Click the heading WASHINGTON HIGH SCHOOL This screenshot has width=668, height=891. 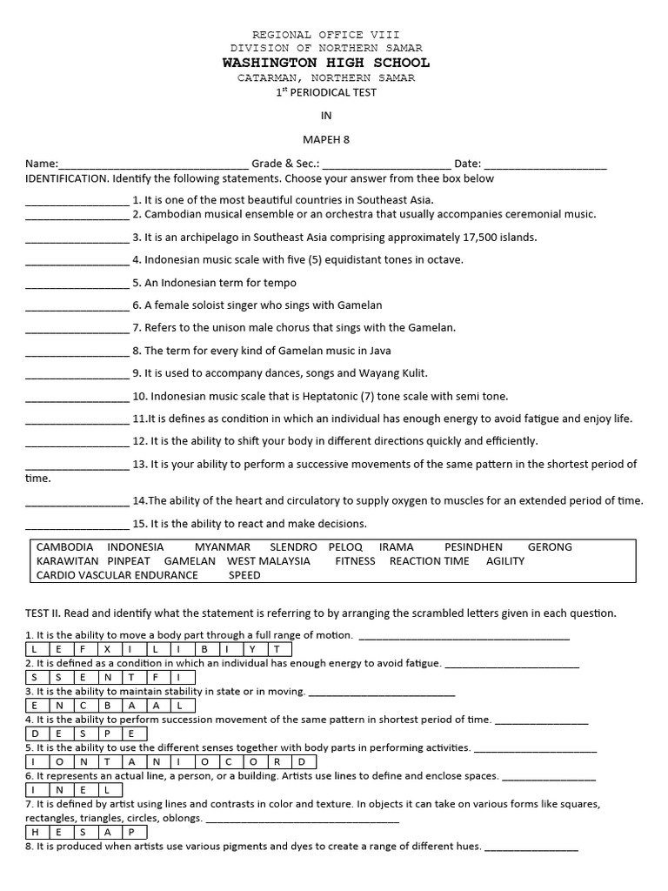[325, 63]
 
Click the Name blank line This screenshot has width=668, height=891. [153, 165]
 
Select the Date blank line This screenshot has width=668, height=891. [544, 165]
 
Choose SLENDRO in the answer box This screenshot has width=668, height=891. [293, 547]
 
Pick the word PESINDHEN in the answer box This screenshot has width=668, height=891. [473, 547]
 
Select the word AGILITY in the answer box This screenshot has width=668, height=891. [505, 561]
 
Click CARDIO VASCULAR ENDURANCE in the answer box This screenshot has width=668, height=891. [117, 575]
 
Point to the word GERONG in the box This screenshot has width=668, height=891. [550, 547]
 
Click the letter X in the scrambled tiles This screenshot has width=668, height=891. [107, 649]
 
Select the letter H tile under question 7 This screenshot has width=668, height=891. [34, 832]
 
